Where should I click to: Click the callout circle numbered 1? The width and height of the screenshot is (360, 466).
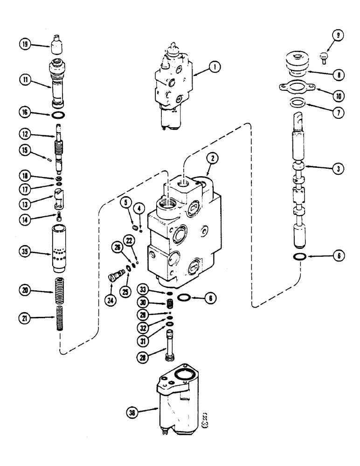(x=214, y=67)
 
